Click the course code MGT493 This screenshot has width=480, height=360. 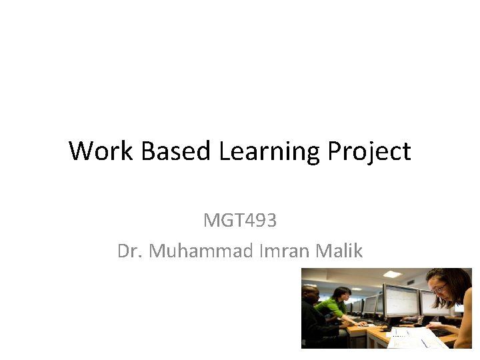pyautogui.click(x=239, y=220)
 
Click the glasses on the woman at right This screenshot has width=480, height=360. pyautogui.click(x=440, y=289)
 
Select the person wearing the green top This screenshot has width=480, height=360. pyautogui.click(x=332, y=309)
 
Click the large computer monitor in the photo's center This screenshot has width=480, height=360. pyautogui.click(x=400, y=301)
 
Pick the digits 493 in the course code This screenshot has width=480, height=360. pyautogui.click(x=262, y=220)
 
